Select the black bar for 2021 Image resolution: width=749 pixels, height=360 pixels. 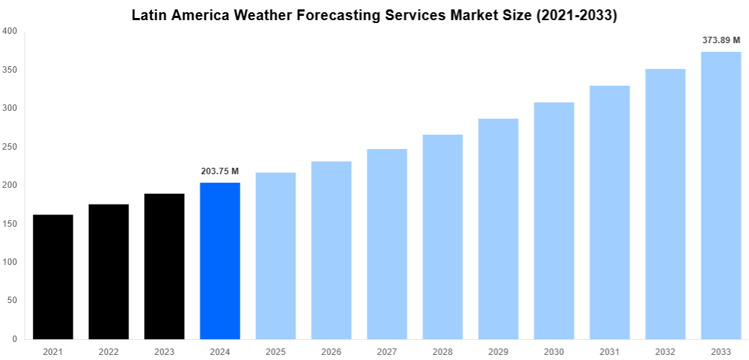(53, 276)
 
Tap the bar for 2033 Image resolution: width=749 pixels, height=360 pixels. (721, 195)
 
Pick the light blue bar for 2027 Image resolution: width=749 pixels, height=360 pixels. (387, 244)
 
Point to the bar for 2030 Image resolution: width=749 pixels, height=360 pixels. (554, 220)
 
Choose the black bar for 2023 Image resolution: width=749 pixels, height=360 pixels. (164, 266)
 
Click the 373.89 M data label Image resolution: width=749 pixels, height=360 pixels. (721, 40)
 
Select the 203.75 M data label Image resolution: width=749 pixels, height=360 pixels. (220, 171)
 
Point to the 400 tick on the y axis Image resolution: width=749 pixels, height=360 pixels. (10, 31)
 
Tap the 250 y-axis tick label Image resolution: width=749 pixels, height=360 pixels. (10, 147)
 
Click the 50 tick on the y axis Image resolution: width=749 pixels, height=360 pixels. (12, 300)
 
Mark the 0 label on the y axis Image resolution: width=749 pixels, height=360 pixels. (15, 338)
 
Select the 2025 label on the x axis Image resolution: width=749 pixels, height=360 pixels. (275, 352)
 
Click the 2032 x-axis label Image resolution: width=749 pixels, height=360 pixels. (665, 352)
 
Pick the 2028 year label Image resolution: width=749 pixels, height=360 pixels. (442, 352)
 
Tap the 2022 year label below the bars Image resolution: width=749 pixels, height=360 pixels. (108, 352)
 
